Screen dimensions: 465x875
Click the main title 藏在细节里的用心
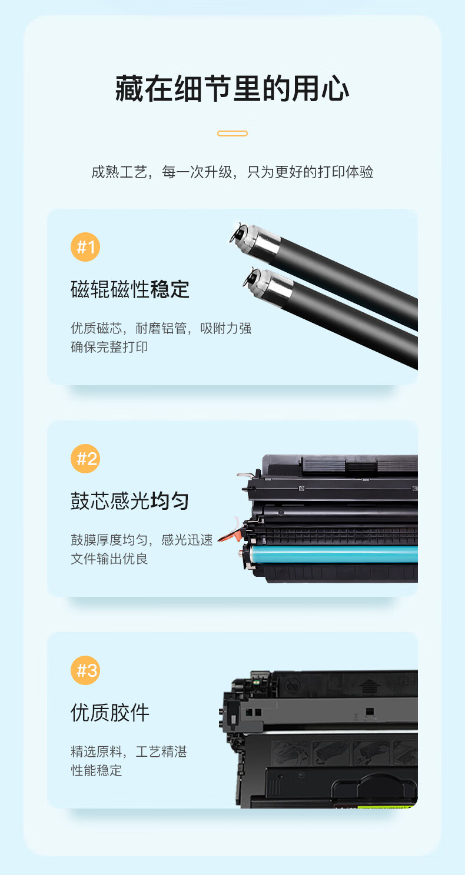coord(232,89)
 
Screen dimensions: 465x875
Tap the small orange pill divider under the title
coord(232,133)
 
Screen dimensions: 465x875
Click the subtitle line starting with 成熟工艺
coord(232,172)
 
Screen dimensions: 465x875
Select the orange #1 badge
coord(85,247)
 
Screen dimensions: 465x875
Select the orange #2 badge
coord(85,459)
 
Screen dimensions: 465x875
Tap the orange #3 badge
coord(85,670)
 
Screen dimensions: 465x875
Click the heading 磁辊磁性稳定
coord(130,289)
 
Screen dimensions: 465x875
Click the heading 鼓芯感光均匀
coord(130,501)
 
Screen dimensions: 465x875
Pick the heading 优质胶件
coord(110,713)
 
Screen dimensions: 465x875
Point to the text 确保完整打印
coord(109,347)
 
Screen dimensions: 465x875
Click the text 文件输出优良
coord(109,559)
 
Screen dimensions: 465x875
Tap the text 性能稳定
coord(97,770)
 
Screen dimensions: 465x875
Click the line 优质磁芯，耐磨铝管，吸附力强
coord(161,328)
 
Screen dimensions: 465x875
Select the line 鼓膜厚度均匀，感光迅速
coord(142,540)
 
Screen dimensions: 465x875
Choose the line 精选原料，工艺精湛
coord(129,752)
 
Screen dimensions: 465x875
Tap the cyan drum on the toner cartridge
coord(334,553)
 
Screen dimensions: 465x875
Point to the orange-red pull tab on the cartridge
coord(230,535)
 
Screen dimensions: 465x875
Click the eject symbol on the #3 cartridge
coord(370,686)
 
